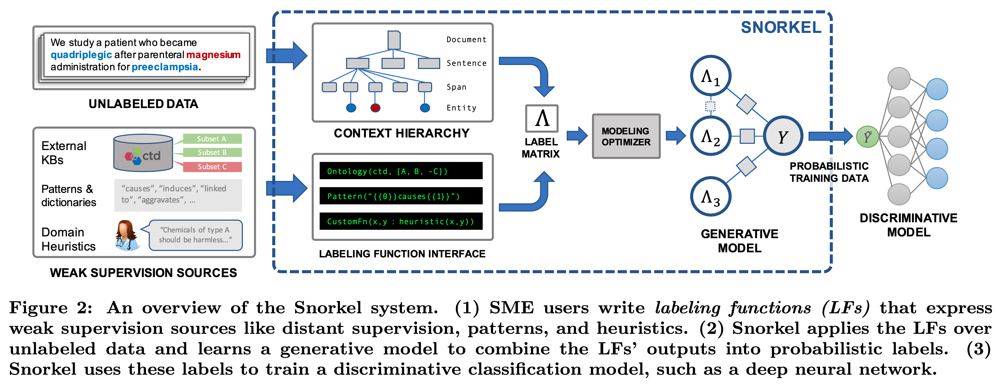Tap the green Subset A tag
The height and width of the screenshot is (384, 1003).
[x=212, y=139]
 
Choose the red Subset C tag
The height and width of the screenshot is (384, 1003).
[x=212, y=167]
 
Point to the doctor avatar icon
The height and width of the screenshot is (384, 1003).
[x=127, y=235]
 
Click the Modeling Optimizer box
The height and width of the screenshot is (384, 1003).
[x=626, y=136]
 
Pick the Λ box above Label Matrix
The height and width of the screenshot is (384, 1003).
[x=542, y=118]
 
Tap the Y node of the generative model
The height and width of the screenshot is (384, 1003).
[x=783, y=136]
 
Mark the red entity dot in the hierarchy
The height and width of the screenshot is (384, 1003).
[x=375, y=108]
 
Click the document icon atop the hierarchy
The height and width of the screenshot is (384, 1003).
[x=394, y=40]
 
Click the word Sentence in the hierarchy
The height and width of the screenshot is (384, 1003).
[x=467, y=63]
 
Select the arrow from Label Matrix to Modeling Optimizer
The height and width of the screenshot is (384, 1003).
[x=577, y=136]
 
